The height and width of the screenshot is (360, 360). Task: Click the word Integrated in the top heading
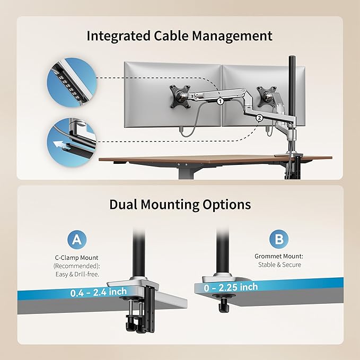pyautogui.click(x=118, y=37)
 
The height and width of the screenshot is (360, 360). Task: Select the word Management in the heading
pyautogui.click(x=232, y=37)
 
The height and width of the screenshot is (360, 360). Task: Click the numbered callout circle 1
pyautogui.click(x=220, y=101)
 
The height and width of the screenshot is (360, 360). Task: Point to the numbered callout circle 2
pyautogui.click(x=259, y=118)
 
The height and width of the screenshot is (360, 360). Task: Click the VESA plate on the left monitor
pyautogui.click(x=180, y=96)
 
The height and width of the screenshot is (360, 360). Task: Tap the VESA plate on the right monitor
pyautogui.click(x=267, y=96)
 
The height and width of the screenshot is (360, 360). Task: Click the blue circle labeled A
pyautogui.click(x=77, y=240)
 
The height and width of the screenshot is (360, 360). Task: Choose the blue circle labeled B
pyautogui.click(x=279, y=239)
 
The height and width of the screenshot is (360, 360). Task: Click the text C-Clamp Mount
pyautogui.click(x=76, y=258)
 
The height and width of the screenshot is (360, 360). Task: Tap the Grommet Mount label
pyautogui.click(x=279, y=256)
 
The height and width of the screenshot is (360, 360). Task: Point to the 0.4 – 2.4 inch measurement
pyautogui.click(x=99, y=292)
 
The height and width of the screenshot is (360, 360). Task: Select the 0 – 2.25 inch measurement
pyautogui.click(x=231, y=287)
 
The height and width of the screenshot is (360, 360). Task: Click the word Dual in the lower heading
pyautogui.click(x=123, y=204)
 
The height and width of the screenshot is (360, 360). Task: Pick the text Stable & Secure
pyautogui.click(x=279, y=265)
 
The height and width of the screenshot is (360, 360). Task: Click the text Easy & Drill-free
pyautogui.click(x=77, y=274)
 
